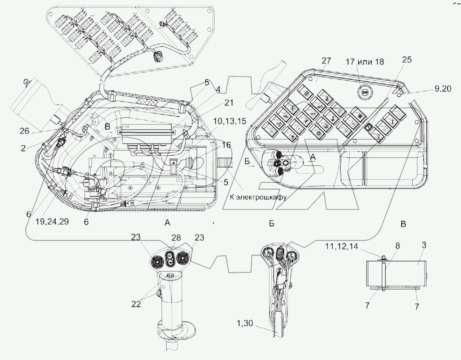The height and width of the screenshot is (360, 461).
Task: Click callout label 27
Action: click(x=326, y=61)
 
